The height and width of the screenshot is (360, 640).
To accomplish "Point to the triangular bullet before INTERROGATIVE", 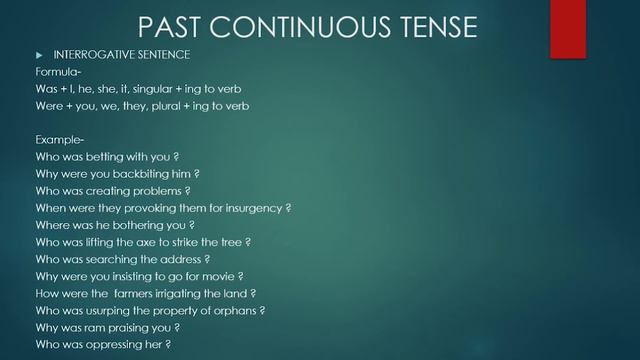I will coord(40,54).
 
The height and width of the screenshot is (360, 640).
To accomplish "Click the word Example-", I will coord(59,139).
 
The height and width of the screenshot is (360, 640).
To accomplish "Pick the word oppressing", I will coord(125,344).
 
